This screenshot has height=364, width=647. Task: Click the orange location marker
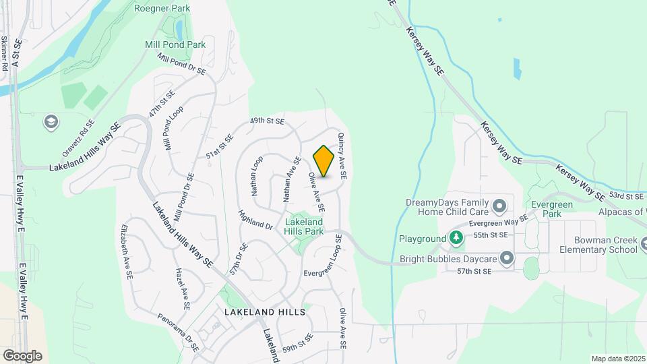[323, 162]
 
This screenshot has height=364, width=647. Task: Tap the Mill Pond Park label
[175, 44]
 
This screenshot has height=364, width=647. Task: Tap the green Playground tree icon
[456, 238]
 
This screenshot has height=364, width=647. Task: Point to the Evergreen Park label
[546, 208]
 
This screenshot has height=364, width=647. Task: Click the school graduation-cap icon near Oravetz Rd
[50, 122]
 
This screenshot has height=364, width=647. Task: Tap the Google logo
[22, 355]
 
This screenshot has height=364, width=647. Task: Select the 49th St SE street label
[267, 121]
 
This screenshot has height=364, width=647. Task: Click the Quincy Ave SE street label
[342, 155]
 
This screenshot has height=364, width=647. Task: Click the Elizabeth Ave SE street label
[127, 251]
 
